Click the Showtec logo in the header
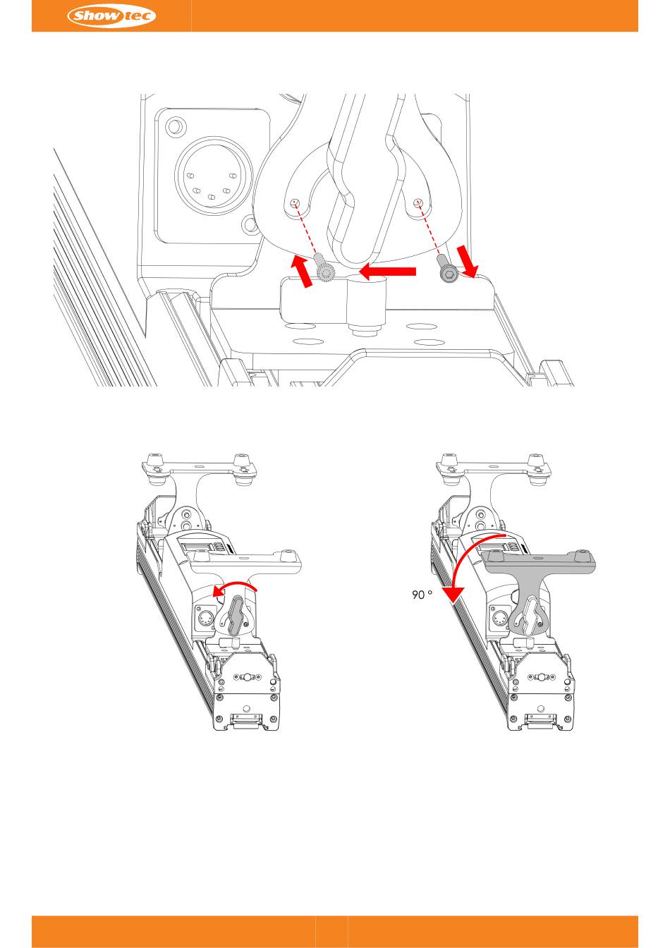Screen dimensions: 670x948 click(x=111, y=16)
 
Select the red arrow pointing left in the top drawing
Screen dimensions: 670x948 click(x=387, y=272)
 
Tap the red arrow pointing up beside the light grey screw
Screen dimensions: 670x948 click(x=303, y=271)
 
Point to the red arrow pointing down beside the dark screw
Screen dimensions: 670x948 click(x=468, y=260)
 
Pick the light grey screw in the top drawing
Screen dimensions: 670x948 click(x=325, y=268)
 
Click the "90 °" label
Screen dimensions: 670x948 click(x=422, y=595)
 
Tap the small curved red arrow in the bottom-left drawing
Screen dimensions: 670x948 click(x=236, y=587)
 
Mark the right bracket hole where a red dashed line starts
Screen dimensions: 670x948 click(x=418, y=202)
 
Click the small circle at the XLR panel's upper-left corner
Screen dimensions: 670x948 click(x=174, y=126)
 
